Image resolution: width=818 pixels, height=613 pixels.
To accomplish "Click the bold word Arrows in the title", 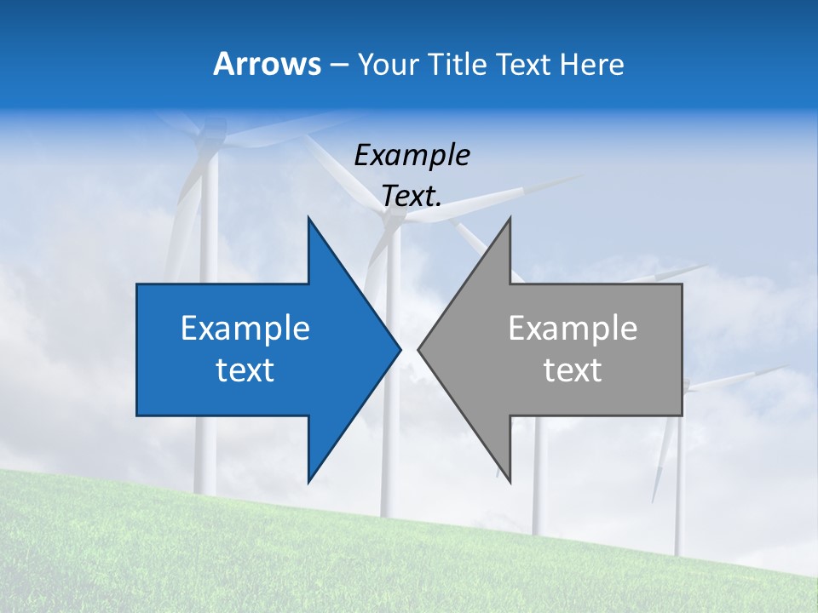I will (x=267, y=64).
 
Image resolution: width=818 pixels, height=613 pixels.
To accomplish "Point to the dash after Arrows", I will (x=338, y=65).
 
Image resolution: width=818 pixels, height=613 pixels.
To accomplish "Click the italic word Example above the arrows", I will (x=412, y=156).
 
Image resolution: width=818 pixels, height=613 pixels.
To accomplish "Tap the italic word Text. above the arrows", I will (x=412, y=197).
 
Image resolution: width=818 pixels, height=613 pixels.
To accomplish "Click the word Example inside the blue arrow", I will (x=245, y=328).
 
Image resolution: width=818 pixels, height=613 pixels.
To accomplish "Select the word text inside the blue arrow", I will (x=245, y=370).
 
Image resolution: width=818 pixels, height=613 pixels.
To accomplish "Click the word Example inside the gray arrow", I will (x=573, y=328).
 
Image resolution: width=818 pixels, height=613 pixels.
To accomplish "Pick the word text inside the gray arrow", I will (x=573, y=370).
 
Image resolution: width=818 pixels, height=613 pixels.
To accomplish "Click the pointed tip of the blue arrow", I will (x=400, y=349).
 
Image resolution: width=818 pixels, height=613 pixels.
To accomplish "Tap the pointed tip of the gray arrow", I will (x=418, y=349).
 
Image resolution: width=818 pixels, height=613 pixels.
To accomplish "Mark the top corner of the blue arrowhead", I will (x=308, y=218).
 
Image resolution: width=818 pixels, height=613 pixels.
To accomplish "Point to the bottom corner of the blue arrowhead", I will (x=308, y=481).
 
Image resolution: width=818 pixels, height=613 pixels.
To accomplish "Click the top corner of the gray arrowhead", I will (x=510, y=218).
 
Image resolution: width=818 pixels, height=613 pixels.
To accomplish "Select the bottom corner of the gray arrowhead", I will (x=510, y=481).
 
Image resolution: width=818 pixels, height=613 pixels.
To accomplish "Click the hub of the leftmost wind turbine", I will (x=208, y=136).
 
